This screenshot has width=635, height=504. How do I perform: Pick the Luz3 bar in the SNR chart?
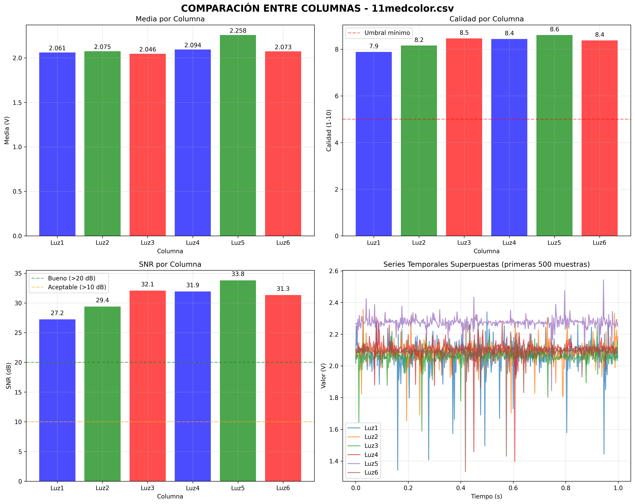(x=148, y=386)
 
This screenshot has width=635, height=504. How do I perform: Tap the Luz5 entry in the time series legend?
(x=371, y=464)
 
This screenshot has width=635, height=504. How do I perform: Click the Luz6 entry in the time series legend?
(x=371, y=472)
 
